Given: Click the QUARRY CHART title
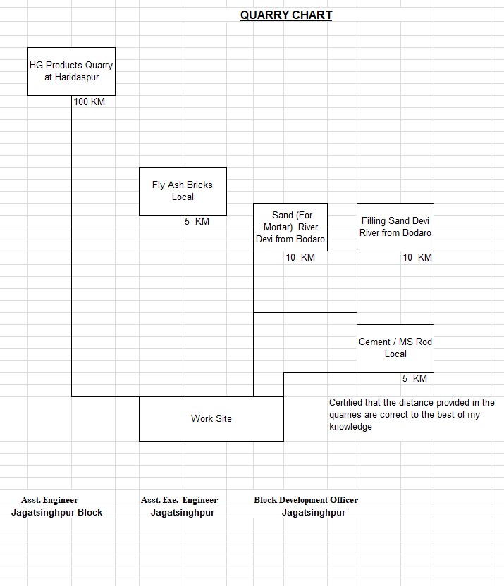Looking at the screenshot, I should coord(285,15).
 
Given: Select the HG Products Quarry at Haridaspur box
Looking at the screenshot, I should coord(71,71).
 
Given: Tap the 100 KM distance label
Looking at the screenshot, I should coord(89,102).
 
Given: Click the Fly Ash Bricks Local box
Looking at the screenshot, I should coord(183,191).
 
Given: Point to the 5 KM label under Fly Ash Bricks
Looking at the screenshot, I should coord(197,222).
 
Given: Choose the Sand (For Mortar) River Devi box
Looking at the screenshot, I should coord(290,227).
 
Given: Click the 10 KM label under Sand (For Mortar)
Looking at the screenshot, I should coord(300,258).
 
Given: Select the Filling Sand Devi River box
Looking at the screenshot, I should coord(395,227).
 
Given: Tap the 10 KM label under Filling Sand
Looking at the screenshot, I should coord(417,258).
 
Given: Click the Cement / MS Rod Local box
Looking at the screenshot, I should coord(395,348).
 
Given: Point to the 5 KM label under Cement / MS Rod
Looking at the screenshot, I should coord(414,379).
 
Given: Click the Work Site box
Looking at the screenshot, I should coord(211,418).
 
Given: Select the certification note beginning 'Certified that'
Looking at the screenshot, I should coord(412,415).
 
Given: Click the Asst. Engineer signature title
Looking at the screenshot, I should coord(49,500).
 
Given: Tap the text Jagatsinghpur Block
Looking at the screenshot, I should coord(56,513).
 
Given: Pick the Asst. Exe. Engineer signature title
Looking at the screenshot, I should coord(179,500).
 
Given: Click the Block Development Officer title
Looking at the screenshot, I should coord(306,500).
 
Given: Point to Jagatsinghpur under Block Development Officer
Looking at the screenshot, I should coord(314,513).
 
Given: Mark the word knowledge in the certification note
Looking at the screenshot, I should coord(350,427).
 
